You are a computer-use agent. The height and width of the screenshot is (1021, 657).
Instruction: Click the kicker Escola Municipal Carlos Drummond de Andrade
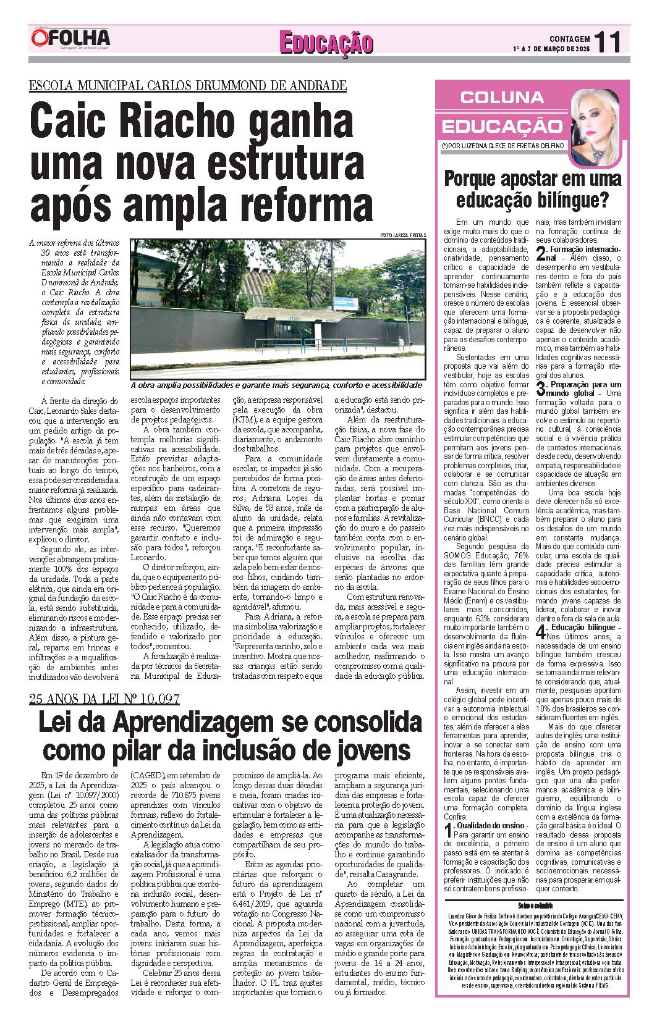(x=187, y=86)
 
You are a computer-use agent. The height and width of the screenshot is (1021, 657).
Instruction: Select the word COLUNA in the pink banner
(x=502, y=97)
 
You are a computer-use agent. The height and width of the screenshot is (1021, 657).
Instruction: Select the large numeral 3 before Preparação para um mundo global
(x=541, y=389)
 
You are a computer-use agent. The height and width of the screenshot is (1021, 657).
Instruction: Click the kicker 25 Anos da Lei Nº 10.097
(x=104, y=699)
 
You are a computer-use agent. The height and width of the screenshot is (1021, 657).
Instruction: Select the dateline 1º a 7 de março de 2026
(x=551, y=49)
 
